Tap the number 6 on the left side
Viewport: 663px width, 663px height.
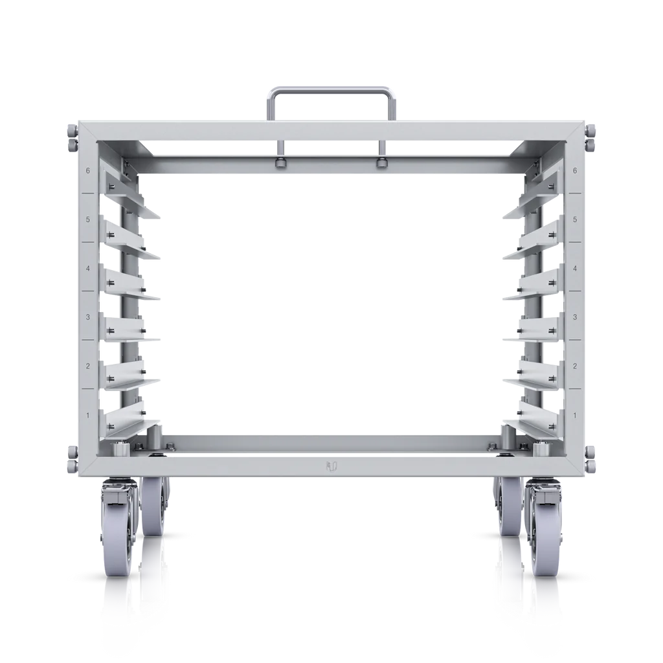coord(88,171)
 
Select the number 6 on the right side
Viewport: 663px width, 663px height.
coord(575,171)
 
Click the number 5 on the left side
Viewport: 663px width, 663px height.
coord(88,219)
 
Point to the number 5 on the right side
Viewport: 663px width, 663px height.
coord(575,219)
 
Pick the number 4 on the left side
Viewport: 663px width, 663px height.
coord(88,268)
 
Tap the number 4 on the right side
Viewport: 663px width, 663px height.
coord(575,268)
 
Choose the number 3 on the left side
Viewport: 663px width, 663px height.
coord(88,317)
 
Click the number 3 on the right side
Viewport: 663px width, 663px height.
coord(575,317)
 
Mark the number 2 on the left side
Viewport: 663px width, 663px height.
coord(88,366)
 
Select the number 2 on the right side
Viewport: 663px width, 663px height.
coord(575,366)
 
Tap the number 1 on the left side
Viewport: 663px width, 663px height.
coord(88,414)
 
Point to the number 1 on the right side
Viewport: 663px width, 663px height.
coord(575,414)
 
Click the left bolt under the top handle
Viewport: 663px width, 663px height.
coord(281,161)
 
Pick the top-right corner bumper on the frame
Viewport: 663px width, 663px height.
coord(591,137)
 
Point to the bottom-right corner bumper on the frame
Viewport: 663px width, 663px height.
coord(591,458)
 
